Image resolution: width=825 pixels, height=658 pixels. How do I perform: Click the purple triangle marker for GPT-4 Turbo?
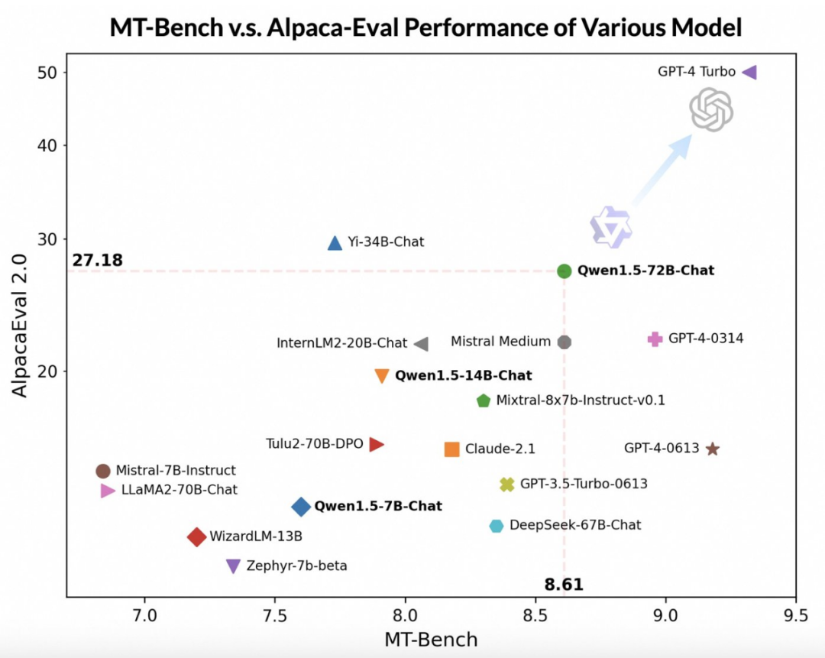pos(749,72)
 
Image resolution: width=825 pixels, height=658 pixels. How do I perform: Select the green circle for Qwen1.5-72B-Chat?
pos(565,271)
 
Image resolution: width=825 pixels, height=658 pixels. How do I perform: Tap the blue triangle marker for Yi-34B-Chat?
pos(335,243)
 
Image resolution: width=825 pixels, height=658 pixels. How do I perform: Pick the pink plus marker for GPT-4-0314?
pos(655,339)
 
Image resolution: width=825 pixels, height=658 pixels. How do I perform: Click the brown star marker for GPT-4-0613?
pos(713,449)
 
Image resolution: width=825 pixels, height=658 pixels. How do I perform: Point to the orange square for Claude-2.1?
pos(451,449)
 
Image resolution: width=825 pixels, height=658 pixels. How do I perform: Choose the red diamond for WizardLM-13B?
pos(197,537)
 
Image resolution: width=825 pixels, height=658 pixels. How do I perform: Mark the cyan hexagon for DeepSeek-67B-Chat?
pos(497,526)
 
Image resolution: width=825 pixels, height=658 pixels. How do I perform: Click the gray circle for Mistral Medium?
pos(565,342)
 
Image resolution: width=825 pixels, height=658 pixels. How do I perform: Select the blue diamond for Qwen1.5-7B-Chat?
pos(301,507)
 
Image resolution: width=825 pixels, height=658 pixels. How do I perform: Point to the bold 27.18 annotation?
pos(98,261)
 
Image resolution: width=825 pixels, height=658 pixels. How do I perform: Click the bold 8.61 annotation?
pos(564,585)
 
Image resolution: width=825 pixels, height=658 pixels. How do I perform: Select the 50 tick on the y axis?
pos(47,73)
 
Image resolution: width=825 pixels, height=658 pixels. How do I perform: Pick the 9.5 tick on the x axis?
pos(796,613)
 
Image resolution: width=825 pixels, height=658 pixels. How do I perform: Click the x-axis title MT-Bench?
pos(431,639)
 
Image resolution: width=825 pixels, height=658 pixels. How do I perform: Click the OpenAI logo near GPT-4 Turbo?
pos(711,109)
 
